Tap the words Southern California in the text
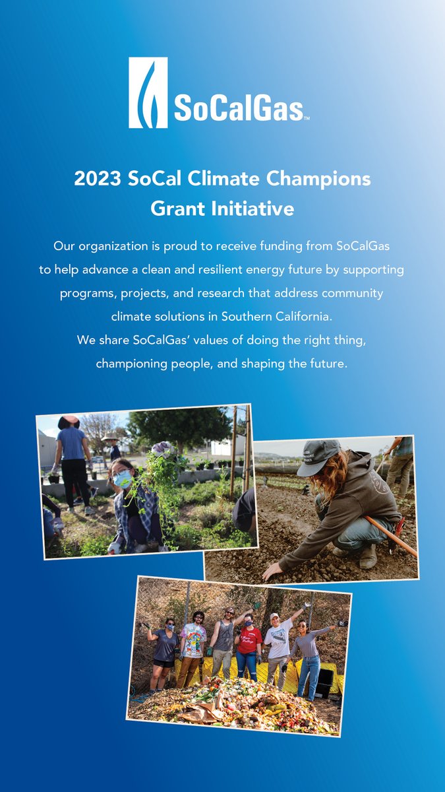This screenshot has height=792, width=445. click(x=275, y=317)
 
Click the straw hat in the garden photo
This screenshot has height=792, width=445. click(x=109, y=437)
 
